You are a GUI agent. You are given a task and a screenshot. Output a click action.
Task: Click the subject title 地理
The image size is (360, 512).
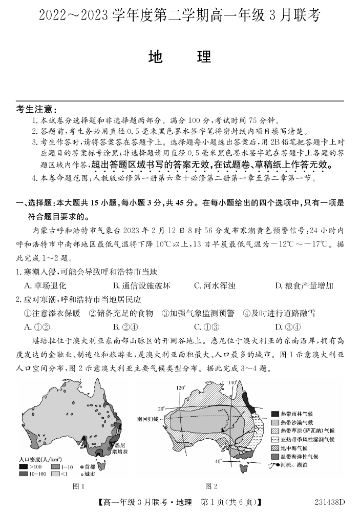click(x=179, y=56)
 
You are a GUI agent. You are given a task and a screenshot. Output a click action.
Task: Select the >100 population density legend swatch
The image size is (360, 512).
click(x=23, y=466)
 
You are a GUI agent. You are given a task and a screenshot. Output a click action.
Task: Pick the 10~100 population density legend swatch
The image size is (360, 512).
click(x=23, y=474)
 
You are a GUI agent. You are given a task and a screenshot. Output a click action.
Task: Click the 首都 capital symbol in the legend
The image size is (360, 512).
click(x=82, y=466)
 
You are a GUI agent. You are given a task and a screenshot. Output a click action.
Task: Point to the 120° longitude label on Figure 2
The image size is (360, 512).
click(x=180, y=388)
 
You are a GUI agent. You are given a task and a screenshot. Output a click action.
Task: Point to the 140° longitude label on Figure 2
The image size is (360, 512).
click(x=232, y=383)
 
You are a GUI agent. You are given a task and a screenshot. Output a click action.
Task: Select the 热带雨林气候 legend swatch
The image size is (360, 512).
click(x=274, y=414)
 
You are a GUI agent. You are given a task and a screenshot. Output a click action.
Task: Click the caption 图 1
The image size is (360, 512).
click(x=78, y=486)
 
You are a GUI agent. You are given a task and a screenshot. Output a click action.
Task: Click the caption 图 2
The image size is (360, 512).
click(x=211, y=486)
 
